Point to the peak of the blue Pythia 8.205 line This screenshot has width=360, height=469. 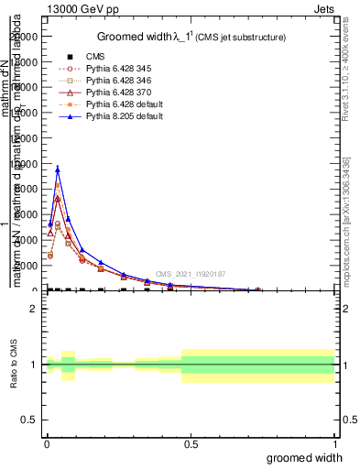[58, 169]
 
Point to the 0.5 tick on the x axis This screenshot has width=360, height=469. [191, 443]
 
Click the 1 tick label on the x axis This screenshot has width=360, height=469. [335, 443]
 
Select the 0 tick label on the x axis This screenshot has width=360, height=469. [47, 443]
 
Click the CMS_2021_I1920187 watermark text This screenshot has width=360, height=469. [190, 274]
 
